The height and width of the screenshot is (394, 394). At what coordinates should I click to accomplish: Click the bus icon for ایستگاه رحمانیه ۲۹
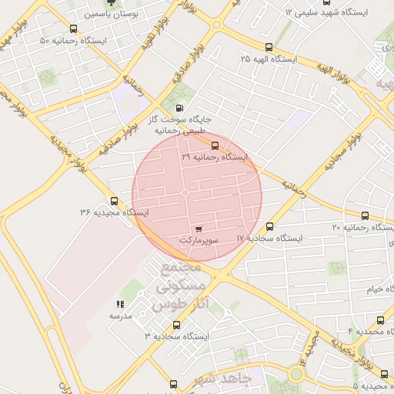[x=214, y=145]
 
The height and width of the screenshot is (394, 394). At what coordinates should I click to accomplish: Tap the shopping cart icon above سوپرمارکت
[x=199, y=229]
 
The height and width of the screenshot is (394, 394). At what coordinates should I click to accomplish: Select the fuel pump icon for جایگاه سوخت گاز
[x=179, y=109]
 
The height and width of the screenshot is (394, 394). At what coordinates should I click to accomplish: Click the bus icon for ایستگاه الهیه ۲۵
[x=267, y=48]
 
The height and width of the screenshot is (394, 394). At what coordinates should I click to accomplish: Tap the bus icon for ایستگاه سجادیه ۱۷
[x=269, y=227]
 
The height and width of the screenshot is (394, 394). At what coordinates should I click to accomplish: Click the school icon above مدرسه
[x=120, y=305]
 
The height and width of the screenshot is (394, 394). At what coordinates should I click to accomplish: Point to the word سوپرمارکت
[x=199, y=241]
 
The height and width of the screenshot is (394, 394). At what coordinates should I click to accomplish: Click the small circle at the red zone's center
[x=185, y=192]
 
